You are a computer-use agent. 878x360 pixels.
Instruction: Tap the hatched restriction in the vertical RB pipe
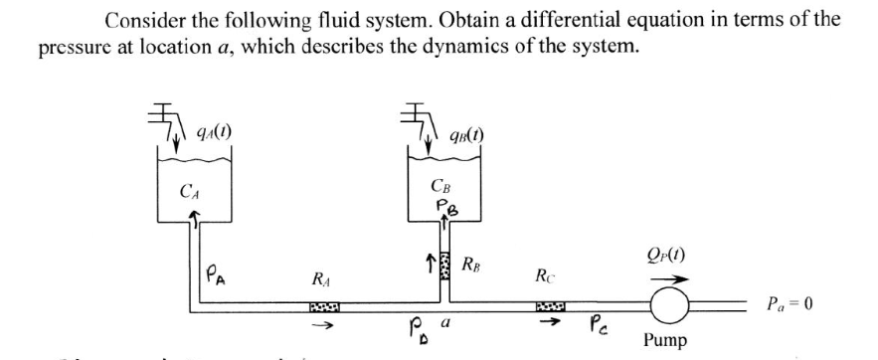[x=442, y=269]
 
